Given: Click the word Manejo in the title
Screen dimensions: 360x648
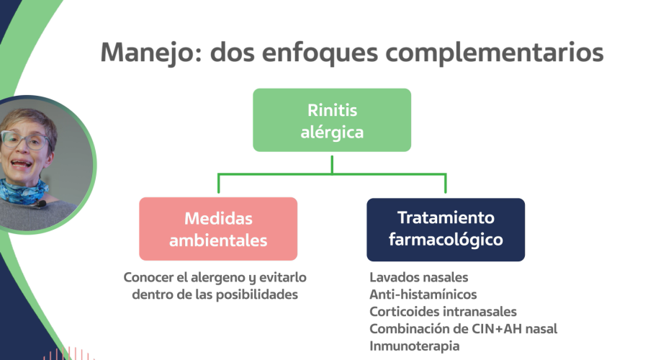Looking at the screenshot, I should tap(147, 53).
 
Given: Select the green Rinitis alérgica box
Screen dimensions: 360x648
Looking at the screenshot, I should tap(332, 120).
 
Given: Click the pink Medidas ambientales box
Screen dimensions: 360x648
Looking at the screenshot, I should tap(218, 229).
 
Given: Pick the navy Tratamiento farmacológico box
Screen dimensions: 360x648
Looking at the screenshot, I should tap(446, 229).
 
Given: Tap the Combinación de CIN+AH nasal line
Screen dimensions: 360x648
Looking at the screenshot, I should tap(463, 329).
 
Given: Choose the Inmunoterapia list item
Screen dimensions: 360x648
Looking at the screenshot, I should tap(414, 346).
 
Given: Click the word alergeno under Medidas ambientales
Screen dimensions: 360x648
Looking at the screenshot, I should tap(207, 277).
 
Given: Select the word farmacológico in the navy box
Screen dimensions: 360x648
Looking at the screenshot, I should tap(446, 240).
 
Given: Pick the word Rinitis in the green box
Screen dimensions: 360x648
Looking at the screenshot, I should tap(332, 110).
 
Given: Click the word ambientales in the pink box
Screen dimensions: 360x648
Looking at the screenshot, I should tap(218, 240).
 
